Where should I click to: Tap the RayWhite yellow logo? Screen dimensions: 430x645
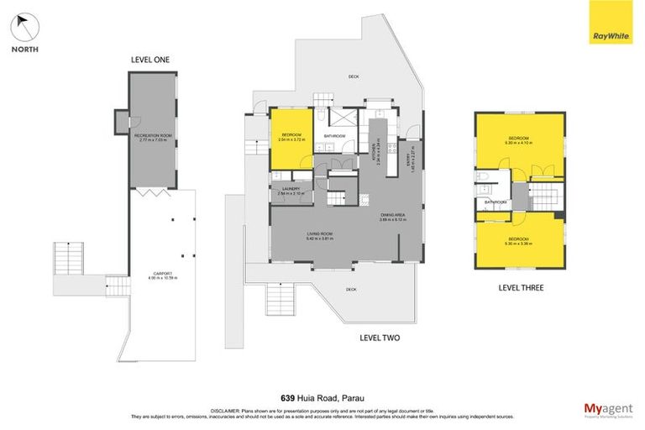coord(611,24)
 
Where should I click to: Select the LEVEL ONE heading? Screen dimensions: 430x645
coord(152,60)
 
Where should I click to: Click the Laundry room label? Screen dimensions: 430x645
coord(290,191)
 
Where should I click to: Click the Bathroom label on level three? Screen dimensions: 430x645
coord(494,202)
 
